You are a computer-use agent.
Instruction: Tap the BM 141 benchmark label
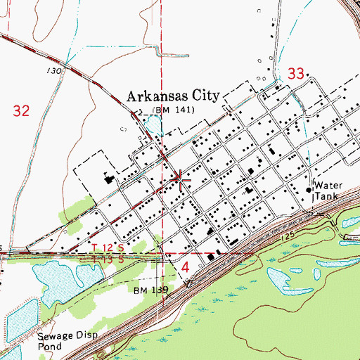[172, 110]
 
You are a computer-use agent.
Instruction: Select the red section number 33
[297, 72]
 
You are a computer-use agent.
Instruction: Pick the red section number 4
[186, 268]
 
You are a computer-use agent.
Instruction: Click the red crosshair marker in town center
[181, 180]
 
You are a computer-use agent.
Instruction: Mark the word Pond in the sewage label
[50, 347]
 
